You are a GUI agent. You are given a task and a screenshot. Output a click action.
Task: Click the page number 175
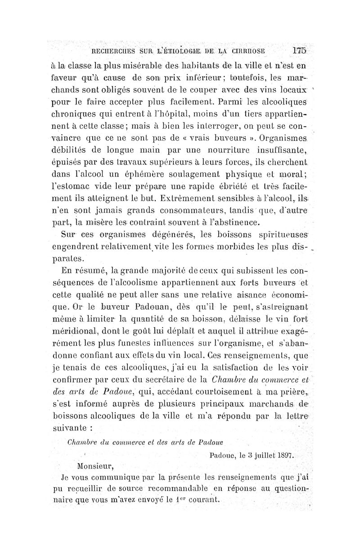pyautogui.click(x=298, y=50)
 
